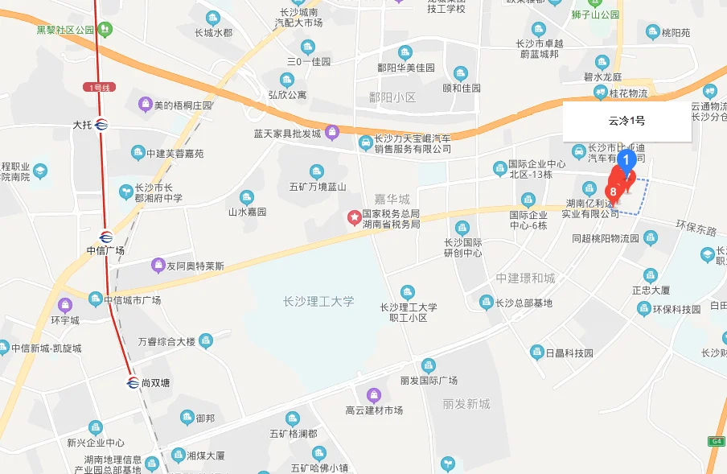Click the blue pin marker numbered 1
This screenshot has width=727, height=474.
tap(627, 159)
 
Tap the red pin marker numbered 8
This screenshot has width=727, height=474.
tap(614, 191)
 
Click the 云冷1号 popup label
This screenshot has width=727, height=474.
tap(626, 122)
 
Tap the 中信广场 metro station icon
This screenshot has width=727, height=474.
tap(106, 236)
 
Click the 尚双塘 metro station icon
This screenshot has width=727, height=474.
tap(133, 382)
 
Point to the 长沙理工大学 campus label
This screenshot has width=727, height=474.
tap(318, 302)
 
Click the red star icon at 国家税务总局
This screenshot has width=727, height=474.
tap(352, 216)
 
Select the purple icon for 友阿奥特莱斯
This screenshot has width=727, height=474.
tap(158, 266)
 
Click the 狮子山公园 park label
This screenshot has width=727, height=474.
tap(591, 14)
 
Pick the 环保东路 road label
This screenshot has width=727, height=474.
tap(696, 229)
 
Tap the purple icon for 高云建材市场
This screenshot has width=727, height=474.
tap(374, 394)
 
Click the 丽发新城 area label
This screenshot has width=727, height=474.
tap(466, 404)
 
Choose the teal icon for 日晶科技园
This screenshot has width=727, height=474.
tap(536, 352)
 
